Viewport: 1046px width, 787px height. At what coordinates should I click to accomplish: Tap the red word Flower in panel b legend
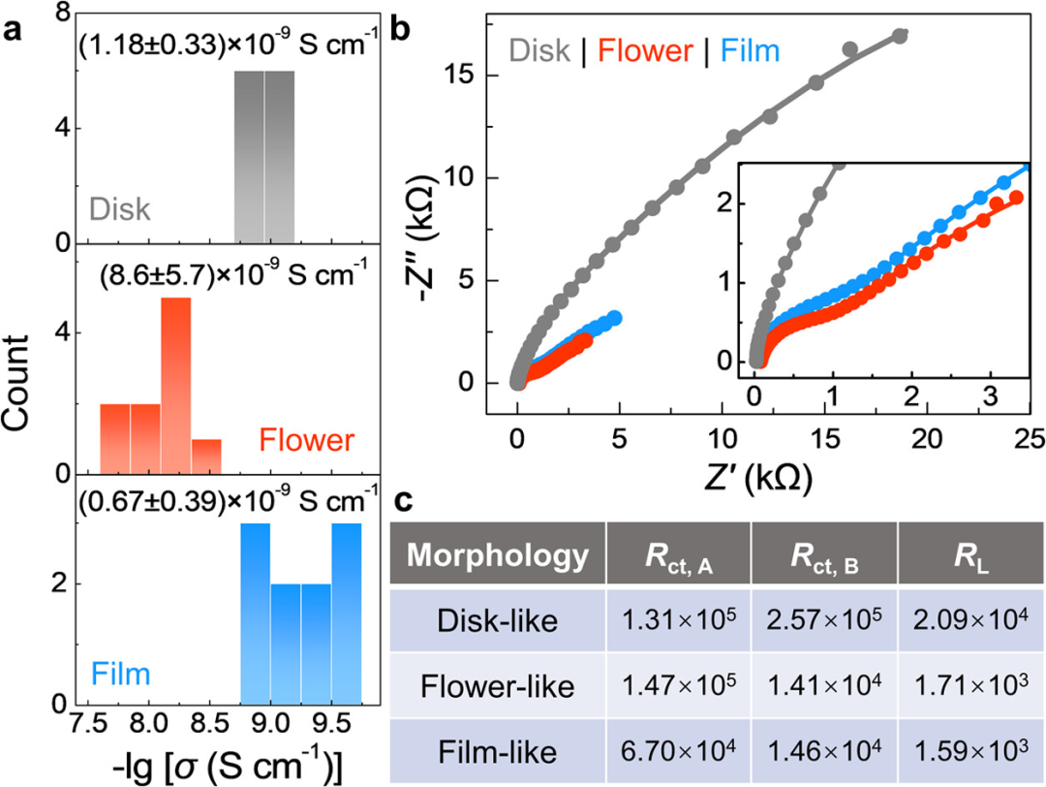pos(633,48)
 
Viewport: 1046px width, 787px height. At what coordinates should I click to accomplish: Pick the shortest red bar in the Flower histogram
pos(206,456)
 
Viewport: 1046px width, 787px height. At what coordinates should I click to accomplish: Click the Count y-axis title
pos(26,388)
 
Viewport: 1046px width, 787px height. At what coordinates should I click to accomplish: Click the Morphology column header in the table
pos(497,556)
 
